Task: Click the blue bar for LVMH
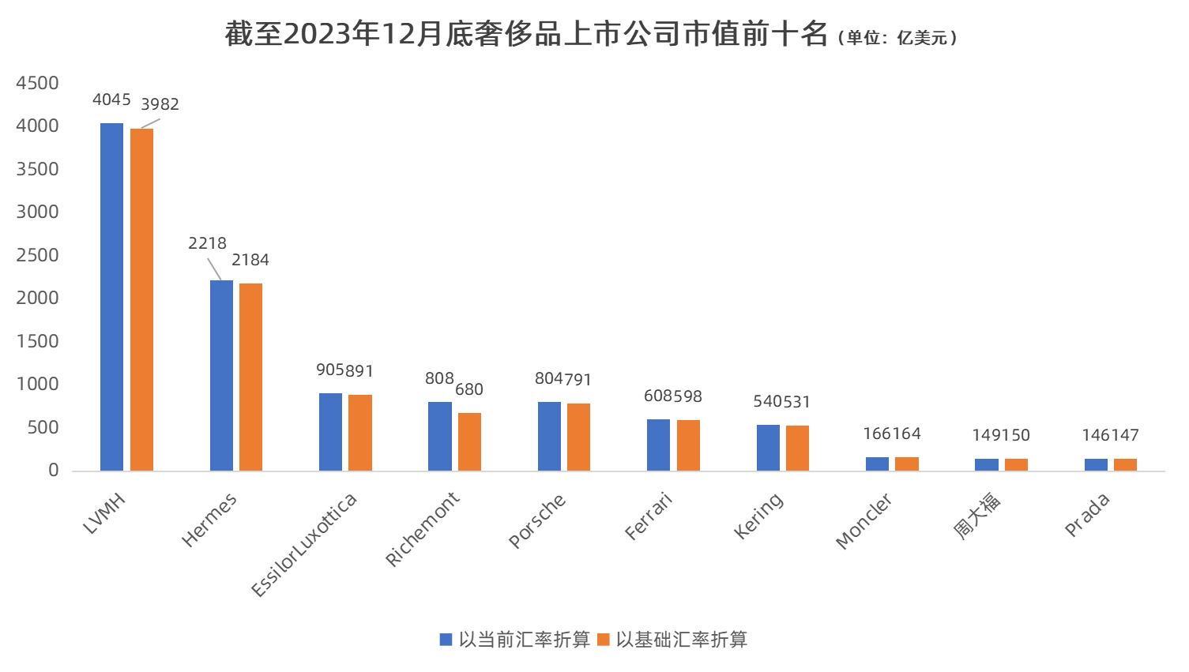pos(111,297)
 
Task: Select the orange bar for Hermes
pos(250,377)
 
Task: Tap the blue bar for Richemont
pos(439,437)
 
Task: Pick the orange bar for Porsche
pos(578,437)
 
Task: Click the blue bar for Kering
pos(768,448)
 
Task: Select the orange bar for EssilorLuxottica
pos(360,433)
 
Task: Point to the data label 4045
pos(111,99)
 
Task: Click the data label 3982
pos(160,104)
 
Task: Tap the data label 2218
pos(207,243)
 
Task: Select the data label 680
pos(469,389)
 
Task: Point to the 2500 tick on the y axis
pos(37,255)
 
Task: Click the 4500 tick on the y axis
pos(37,83)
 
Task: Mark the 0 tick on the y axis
pos(54,470)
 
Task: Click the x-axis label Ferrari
pos(649,516)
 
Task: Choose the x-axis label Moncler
pos(864,520)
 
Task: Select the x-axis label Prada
pos(1087,515)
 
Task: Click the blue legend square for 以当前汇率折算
pos(446,640)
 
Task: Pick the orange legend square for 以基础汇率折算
pos(604,640)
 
